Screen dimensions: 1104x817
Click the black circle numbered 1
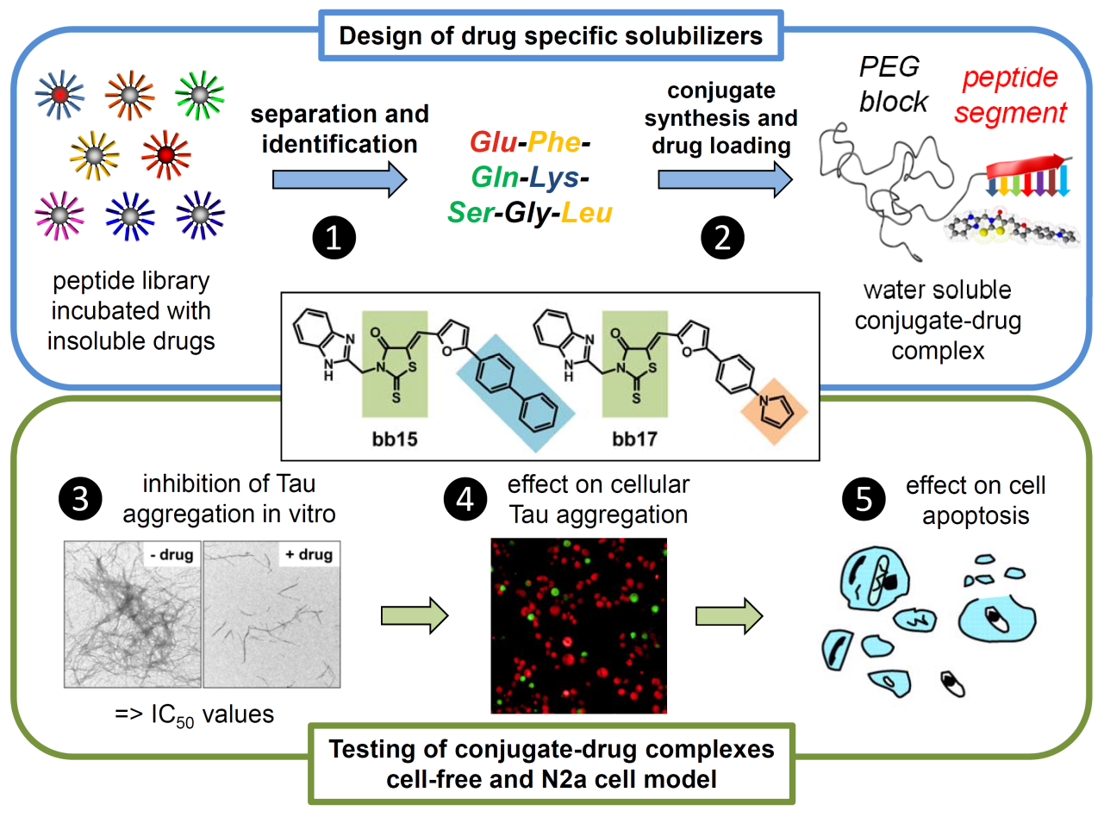334,238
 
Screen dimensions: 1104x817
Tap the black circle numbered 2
722,238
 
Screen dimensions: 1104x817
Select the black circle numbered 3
80,499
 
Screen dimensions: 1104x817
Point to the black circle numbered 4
465,499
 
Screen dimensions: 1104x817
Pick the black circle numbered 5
864,499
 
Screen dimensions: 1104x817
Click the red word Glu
493,142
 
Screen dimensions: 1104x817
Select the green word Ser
471,213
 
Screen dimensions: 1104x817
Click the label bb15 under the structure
395,440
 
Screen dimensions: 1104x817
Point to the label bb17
634,440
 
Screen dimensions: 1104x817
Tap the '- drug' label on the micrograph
172,554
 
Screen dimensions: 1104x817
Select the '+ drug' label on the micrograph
309,554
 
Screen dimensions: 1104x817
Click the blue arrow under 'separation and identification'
340,179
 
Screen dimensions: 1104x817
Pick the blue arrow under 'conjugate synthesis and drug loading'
725,179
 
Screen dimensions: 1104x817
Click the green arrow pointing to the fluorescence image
415,616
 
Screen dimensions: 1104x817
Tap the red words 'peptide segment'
1010,95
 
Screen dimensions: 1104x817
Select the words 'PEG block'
893,84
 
